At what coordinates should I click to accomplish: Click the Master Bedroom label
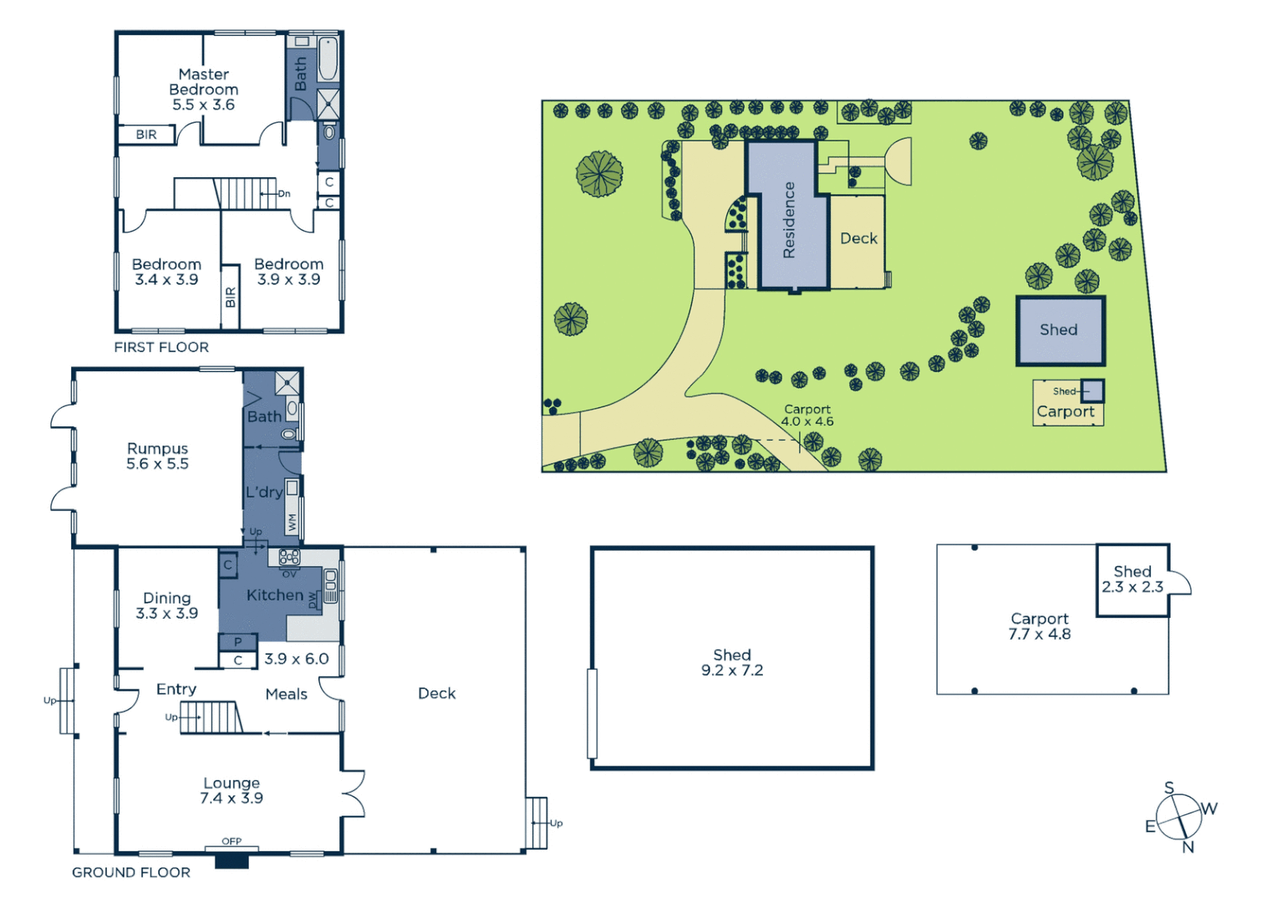[203, 82]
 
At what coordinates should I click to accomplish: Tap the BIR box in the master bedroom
[146, 135]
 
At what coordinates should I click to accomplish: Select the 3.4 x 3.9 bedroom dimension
[166, 280]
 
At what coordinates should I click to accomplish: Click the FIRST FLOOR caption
[161, 347]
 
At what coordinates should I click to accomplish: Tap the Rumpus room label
[157, 449]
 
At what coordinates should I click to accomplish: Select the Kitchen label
[274, 595]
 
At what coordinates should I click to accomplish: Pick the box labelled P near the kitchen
[237, 642]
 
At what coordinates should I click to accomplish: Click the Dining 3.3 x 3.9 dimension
[166, 614]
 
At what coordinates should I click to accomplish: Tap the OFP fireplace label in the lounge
[231, 841]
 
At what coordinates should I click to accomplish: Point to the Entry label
[176, 689]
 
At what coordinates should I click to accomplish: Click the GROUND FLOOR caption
[131, 872]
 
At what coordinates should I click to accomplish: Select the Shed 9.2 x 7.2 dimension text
[731, 671]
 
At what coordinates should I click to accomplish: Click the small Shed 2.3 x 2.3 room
[1132, 579]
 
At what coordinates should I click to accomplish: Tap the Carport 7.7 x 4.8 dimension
[1039, 635]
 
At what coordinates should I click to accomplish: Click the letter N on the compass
[1188, 847]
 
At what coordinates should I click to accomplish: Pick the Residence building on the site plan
[788, 219]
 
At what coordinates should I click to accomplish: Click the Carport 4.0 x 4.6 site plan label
[807, 416]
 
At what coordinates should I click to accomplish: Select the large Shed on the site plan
[1060, 330]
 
